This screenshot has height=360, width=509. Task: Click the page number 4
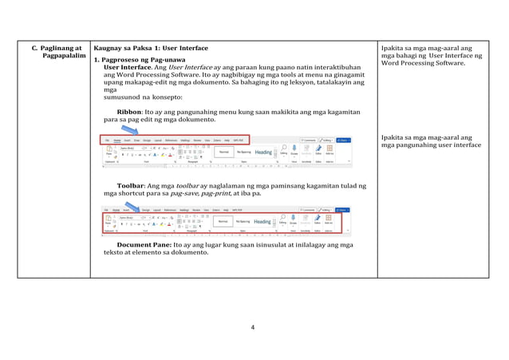click(252, 327)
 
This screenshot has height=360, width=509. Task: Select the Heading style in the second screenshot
click(262, 221)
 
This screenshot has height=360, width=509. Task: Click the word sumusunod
click(121, 97)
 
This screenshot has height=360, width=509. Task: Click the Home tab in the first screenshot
click(117, 140)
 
